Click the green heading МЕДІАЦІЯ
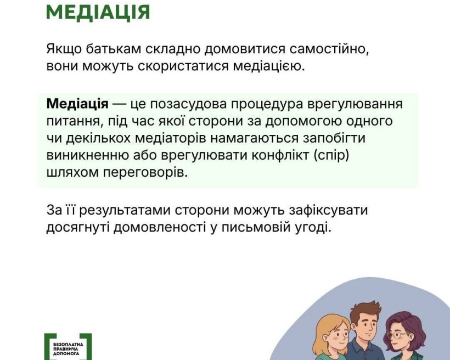[x=98, y=12]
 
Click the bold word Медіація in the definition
[x=77, y=104]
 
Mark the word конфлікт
[x=286, y=155]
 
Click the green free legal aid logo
[x=68, y=346]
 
